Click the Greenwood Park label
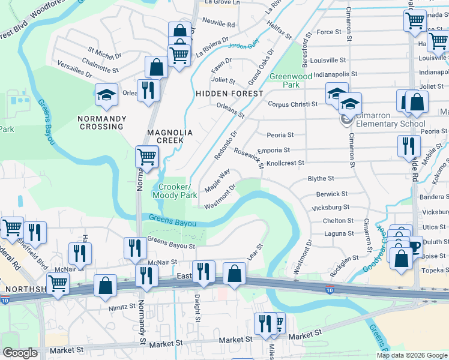click(x=291, y=80)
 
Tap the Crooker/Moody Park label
click(x=175, y=191)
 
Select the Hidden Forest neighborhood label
click(x=229, y=94)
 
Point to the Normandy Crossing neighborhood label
click(x=101, y=122)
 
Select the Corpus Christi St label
click(x=293, y=104)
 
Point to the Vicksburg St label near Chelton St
click(x=331, y=207)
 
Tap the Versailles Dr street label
click(x=74, y=68)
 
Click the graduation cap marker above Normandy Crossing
click(x=106, y=95)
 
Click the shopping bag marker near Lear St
click(x=234, y=274)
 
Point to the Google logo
click(x=20, y=353)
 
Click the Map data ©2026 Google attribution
click(x=412, y=355)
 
